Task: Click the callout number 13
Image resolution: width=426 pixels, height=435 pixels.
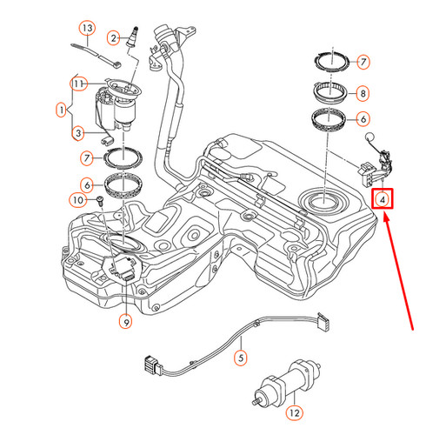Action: [x=86, y=28]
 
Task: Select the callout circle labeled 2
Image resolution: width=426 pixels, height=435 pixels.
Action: [x=113, y=37]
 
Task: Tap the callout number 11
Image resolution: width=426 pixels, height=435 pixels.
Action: [x=77, y=84]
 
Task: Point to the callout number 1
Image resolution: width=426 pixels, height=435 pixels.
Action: [x=60, y=110]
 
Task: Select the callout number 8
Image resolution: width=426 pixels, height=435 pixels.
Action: [x=363, y=92]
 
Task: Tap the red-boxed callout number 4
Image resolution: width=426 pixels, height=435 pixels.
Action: [x=383, y=200]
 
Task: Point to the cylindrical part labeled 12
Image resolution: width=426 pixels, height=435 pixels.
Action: [x=286, y=383]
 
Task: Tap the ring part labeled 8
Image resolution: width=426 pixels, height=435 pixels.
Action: [x=326, y=92]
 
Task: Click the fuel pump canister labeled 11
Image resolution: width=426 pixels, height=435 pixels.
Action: [x=111, y=109]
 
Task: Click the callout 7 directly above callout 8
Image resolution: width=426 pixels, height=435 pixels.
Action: [x=363, y=63]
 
